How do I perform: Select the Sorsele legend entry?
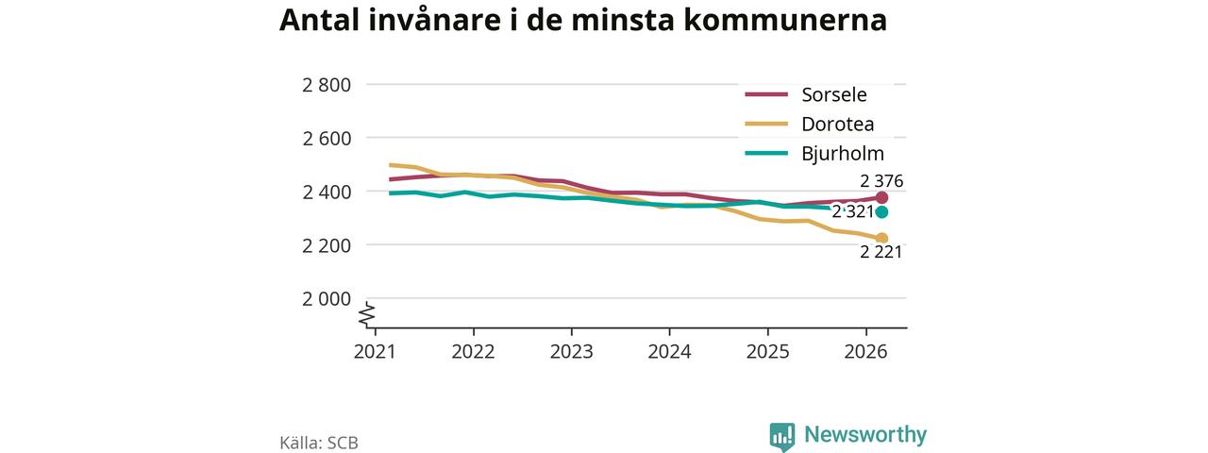(806, 94)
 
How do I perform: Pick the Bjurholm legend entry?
(814, 154)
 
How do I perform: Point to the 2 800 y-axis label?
(327, 85)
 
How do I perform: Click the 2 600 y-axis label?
(327, 138)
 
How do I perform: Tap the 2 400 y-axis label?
(327, 192)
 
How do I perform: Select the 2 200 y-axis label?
(327, 244)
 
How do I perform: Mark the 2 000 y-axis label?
(327, 298)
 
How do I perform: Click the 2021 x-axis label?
(375, 352)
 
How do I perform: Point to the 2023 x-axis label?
(571, 352)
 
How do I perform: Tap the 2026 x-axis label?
(865, 352)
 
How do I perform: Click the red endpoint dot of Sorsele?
(881, 197)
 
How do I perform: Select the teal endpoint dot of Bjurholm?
(881, 212)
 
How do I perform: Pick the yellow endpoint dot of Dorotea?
(881, 239)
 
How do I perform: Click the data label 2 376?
(881, 180)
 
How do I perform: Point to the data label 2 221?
(881, 252)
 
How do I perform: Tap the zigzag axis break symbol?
(367, 315)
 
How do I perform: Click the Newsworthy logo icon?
(782, 437)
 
